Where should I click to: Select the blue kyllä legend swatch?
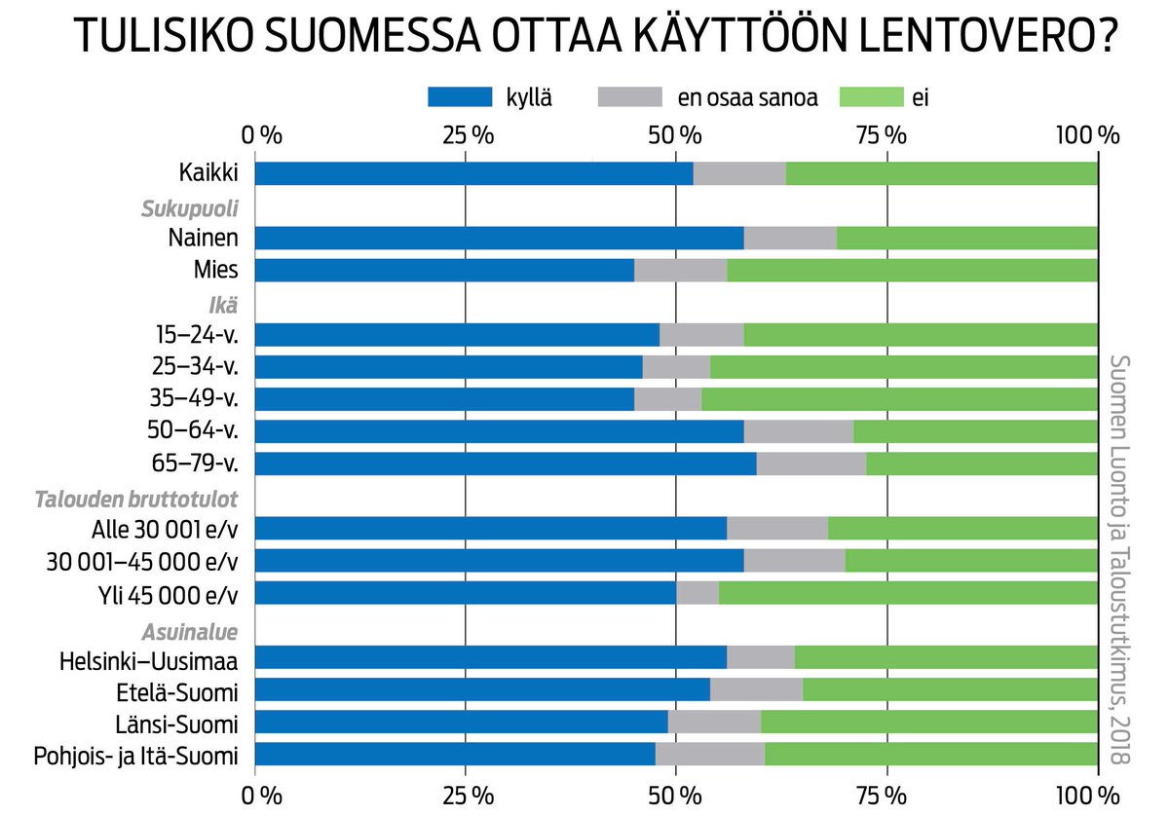coord(460,96)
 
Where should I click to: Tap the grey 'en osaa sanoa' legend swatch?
coord(629,96)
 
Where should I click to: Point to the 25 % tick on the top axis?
coord(466,134)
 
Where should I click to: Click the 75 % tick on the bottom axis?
coord(886,794)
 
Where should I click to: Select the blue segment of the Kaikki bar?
coord(473,173)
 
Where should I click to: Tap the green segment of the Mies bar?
coord(912,271)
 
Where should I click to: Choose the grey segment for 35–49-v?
coord(667,399)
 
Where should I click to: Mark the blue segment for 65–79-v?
coord(505,464)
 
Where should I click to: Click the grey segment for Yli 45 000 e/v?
coord(698,593)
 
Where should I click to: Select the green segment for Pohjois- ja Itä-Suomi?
coord(931,755)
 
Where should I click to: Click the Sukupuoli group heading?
coord(190,207)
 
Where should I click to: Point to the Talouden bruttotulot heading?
coord(136,500)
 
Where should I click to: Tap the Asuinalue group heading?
coord(191,631)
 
